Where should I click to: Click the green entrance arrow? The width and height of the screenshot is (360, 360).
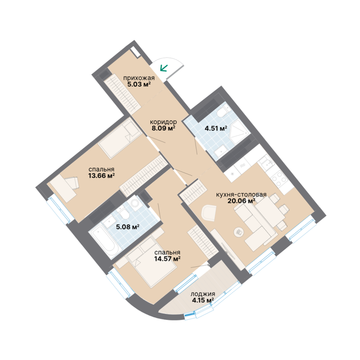click(164, 68)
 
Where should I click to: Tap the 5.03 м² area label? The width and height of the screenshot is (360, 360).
click(139, 84)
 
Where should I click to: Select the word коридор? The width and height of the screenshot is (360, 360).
click(163, 122)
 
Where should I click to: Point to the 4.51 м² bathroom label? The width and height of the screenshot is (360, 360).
click(216, 128)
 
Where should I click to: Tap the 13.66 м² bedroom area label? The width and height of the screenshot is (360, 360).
click(101, 176)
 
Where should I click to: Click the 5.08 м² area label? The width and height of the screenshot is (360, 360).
click(127, 227)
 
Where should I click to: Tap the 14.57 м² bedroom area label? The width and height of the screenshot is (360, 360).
click(167, 259)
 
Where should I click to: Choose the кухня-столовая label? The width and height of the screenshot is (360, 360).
click(241, 195)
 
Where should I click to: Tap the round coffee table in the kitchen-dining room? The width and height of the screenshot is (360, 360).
click(239, 232)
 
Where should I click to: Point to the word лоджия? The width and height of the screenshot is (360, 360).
click(203, 294)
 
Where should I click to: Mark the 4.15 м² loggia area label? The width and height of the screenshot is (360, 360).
click(203, 300)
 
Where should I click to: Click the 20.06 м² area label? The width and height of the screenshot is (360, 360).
click(241, 201)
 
